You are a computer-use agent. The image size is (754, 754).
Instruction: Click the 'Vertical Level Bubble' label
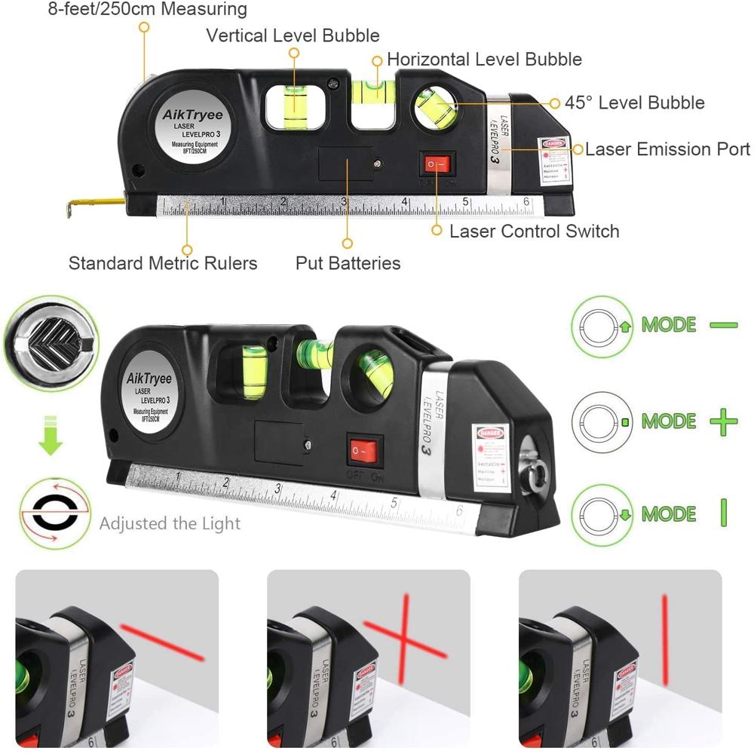(x=293, y=35)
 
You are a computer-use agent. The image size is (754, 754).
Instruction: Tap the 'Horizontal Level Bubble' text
(x=484, y=59)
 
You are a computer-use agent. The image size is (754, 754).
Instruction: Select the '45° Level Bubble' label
(x=635, y=103)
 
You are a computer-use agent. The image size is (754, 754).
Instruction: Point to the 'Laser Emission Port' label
(x=667, y=149)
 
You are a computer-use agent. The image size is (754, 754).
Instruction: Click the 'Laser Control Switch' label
(x=534, y=231)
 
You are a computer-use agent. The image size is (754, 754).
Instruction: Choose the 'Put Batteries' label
(x=348, y=263)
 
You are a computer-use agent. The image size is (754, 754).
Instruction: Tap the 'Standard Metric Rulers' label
(x=163, y=263)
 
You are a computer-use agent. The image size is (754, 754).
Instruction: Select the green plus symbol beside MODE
(x=723, y=420)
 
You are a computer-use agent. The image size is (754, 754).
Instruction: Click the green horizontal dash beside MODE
(x=723, y=325)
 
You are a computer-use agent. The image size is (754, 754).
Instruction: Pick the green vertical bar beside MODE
(x=723, y=513)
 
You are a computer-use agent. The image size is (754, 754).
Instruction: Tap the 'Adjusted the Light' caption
(x=170, y=523)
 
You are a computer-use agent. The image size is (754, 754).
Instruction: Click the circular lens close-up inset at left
(x=50, y=339)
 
